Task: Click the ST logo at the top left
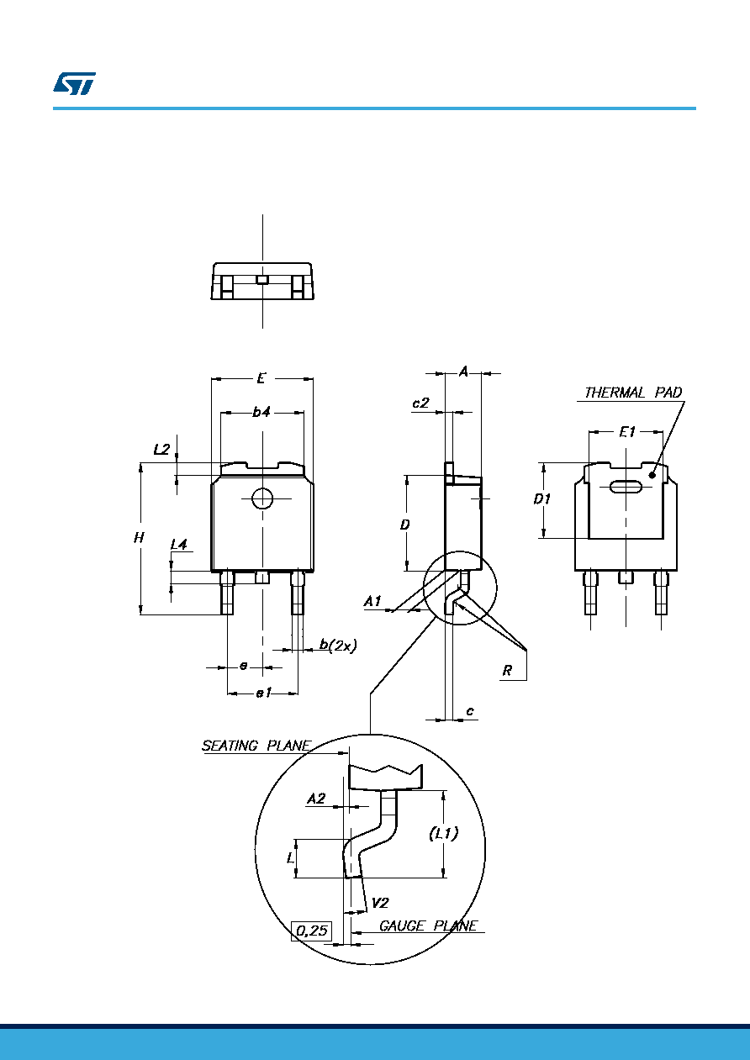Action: click(74, 83)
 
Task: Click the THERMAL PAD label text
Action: click(633, 393)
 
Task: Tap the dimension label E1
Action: click(627, 431)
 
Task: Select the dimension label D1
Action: click(542, 498)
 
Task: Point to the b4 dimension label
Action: click(261, 412)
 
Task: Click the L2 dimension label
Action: click(161, 449)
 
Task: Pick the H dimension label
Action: click(138, 538)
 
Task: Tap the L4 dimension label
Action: click(179, 545)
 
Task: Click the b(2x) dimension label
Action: click(338, 645)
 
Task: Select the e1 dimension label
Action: click(263, 693)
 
